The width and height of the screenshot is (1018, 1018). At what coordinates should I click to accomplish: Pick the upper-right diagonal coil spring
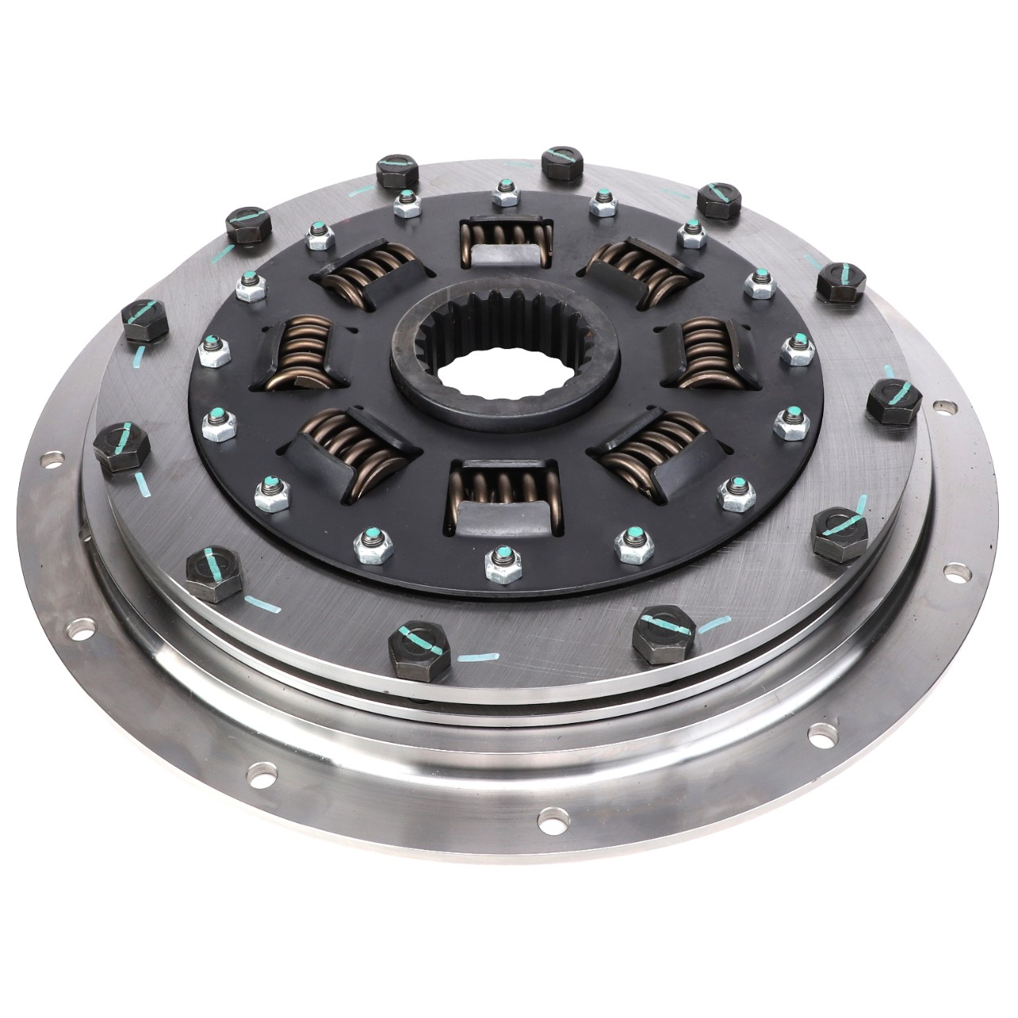[643, 270]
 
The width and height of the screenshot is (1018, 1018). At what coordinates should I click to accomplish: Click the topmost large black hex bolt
[564, 161]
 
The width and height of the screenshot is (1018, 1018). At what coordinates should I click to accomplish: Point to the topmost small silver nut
[503, 192]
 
